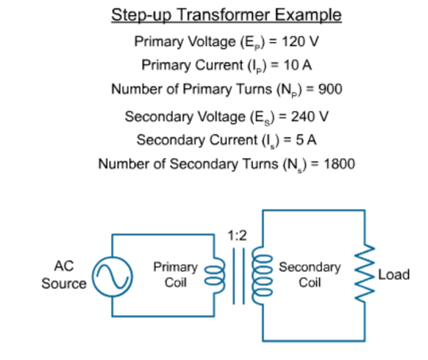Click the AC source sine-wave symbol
(x=112, y=277)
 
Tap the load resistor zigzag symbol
(x=364, y=273)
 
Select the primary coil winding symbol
(x=216, y=275)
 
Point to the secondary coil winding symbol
(x=262, y=275)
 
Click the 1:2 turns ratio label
(x=237, y=236)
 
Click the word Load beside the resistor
(x=394, y=274)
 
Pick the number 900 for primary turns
(x=330, y=89)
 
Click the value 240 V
(x=309, y=117)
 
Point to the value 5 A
(x=306, y=140)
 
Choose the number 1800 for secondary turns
(x=339, y=164)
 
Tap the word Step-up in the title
(x=142, y=15)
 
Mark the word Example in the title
(x=308, y=15)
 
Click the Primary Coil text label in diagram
(x=176, y=275)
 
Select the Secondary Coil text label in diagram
(x=309, y=275)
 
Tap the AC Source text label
(x=64, y=275)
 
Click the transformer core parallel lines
(x=239, y=276)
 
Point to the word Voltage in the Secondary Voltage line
(x=221, y=118)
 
